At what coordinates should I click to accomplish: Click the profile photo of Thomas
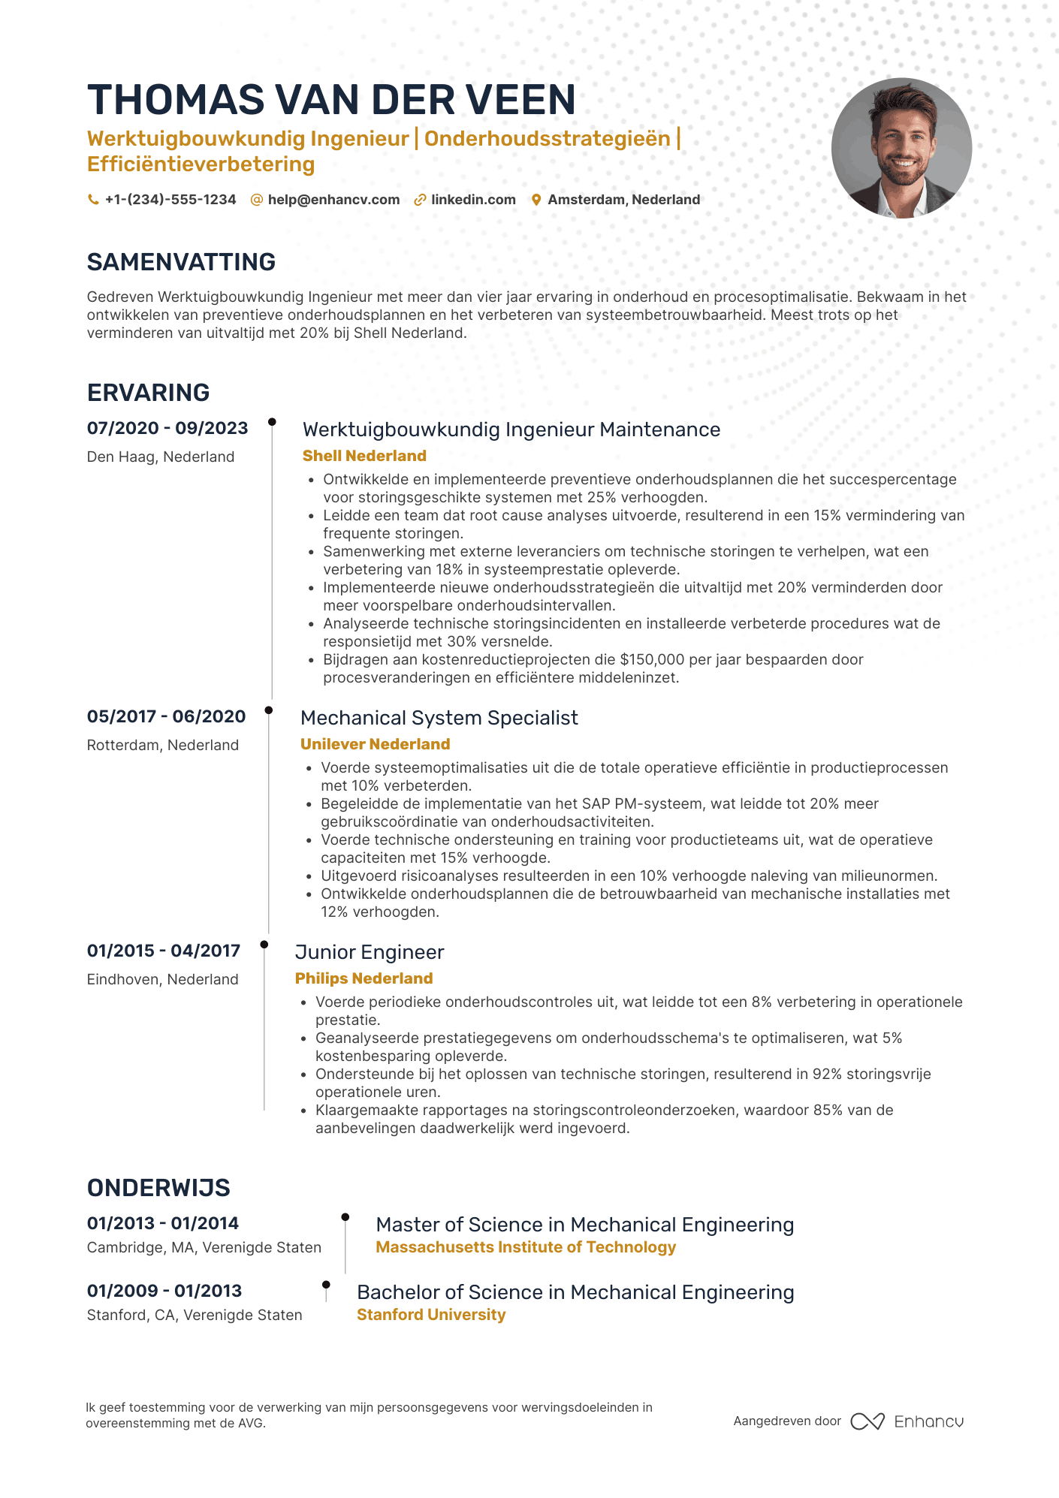point(901,149)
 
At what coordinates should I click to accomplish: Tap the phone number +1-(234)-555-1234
point(170,200)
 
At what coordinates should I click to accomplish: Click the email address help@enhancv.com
point(333,200)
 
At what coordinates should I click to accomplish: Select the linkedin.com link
point(473,200)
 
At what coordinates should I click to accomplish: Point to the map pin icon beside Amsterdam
point(536,200)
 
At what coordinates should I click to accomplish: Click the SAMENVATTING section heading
point(181,262)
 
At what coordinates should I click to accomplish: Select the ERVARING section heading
point(148,393)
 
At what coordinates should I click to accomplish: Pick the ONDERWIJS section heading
point(158,1188)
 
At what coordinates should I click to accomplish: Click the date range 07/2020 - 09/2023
point(167,428)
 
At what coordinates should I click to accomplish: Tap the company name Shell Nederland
point(364,456)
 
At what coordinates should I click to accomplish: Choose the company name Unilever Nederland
point(375,744)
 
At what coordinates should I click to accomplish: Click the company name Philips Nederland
point(364,978)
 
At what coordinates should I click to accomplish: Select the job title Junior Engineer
point(370,952)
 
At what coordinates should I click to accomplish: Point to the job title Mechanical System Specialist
point(439,718)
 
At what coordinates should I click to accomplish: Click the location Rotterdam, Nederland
point(163,745)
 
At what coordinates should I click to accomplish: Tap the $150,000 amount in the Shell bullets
point(652,659)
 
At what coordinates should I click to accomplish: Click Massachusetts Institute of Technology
point(526,1247)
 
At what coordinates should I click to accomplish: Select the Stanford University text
point(431,1315)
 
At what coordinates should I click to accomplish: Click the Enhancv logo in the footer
point(907,1421)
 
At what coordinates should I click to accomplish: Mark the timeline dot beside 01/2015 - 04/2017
point(264,945)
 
